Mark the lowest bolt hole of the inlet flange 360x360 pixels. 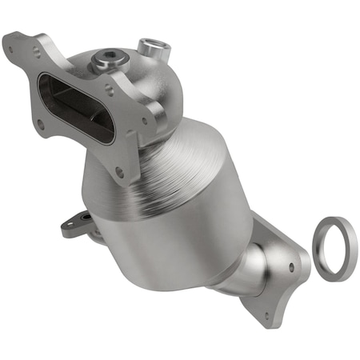[119, 170]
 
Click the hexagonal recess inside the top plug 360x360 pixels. [106, 58]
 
